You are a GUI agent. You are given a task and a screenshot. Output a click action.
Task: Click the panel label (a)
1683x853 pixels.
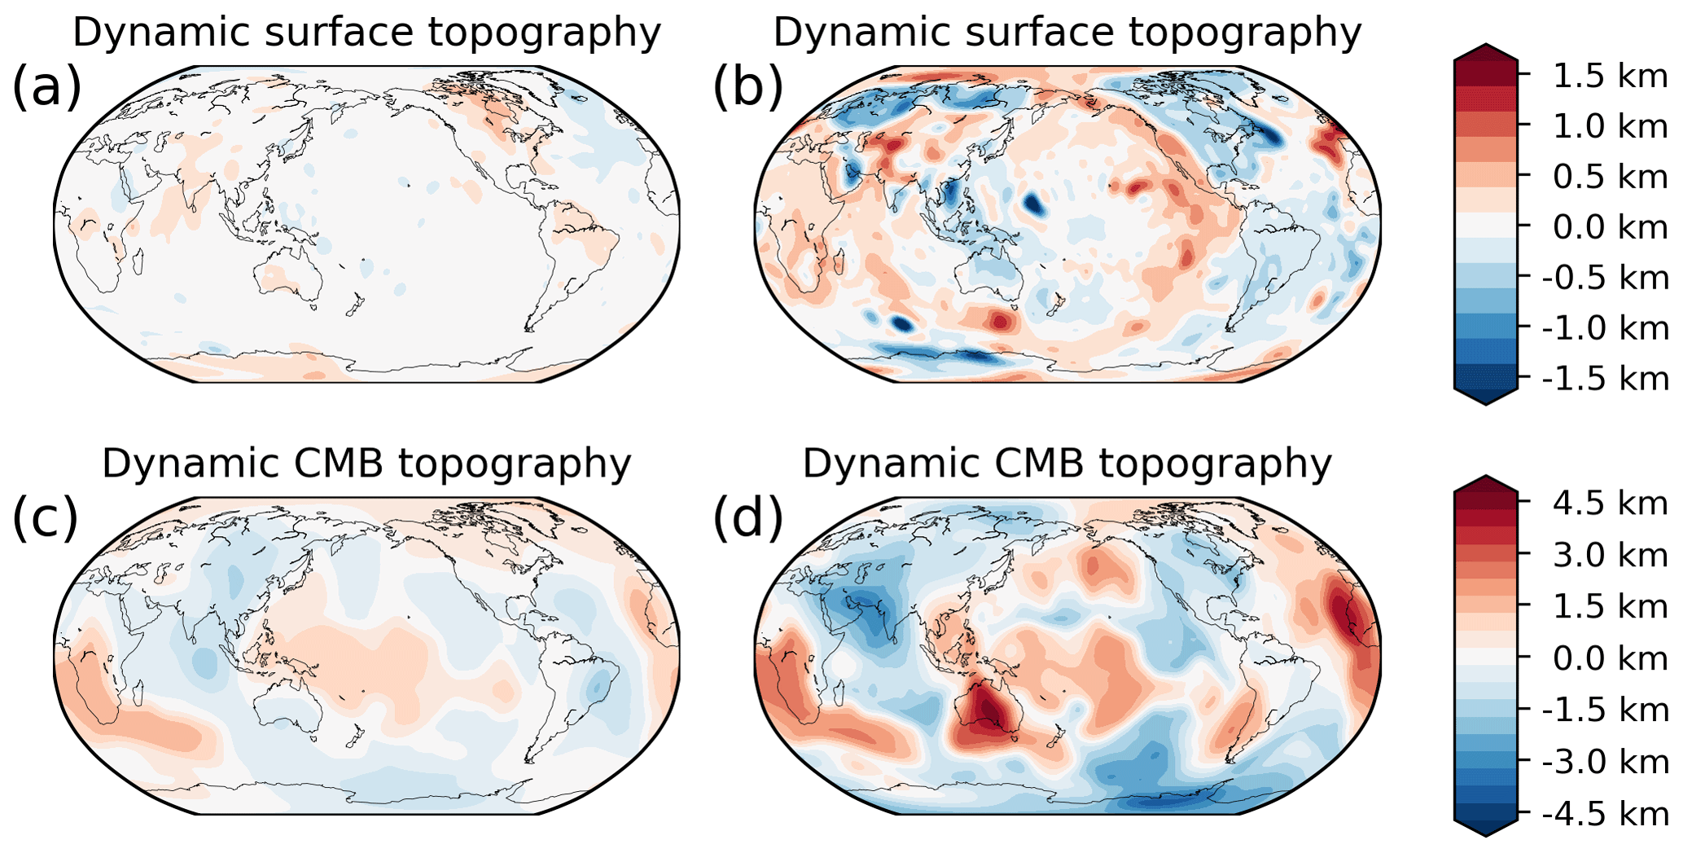[x=46, y=88]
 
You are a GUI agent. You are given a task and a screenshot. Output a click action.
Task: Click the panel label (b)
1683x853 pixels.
[x=747, y=88]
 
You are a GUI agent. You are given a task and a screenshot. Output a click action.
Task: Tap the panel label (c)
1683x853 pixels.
[x=45, y=519]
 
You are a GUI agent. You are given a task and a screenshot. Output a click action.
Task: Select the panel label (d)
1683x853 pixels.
[x=747, y=519]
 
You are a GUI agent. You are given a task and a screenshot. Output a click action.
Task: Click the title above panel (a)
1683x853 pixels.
[x=366, y=33]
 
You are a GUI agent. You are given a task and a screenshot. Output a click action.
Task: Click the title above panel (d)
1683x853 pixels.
[x=1067, y=464]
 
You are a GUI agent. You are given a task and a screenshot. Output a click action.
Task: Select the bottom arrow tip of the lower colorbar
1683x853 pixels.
[x=1485, y=834]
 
